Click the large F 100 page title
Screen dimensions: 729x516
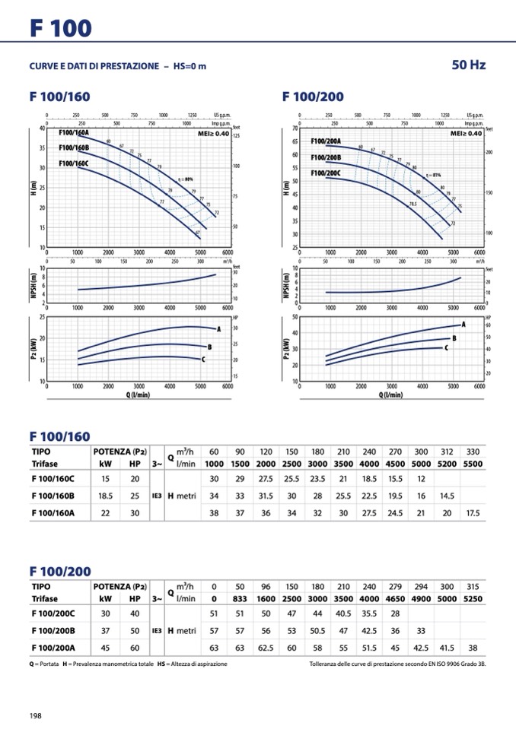point(61,28)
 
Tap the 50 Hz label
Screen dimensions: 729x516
point(468,65)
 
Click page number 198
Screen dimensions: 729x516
point(36,715)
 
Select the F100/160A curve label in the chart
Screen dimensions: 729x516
point(74,132)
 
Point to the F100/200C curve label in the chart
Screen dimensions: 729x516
point(326,173)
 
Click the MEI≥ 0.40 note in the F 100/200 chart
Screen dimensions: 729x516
point(466,133)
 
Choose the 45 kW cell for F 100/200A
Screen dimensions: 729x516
point(105,648)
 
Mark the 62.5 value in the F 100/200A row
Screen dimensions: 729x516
point(266,648)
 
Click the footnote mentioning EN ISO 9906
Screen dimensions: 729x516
point(397,664)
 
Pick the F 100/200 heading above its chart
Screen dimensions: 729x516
point(313,97)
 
